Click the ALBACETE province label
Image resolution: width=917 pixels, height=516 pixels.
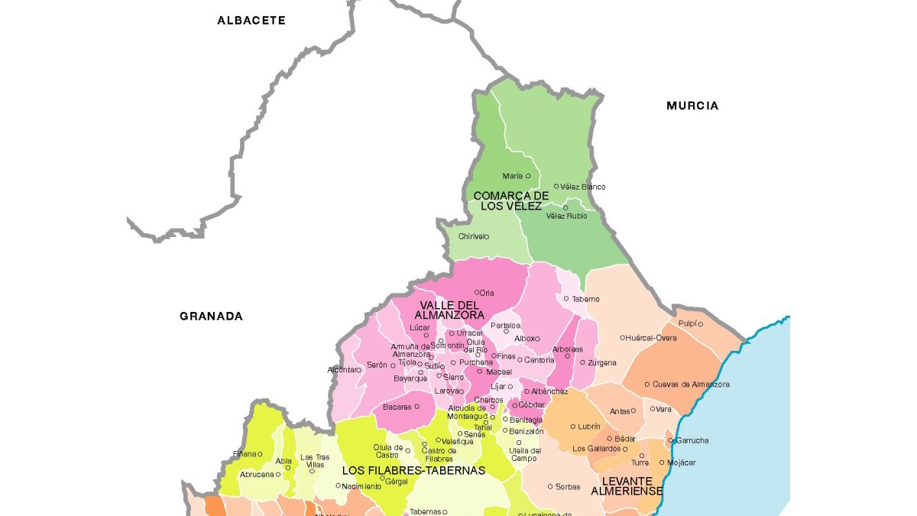click(251, 21)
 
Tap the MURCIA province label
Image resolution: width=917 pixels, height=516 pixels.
click(692, 106)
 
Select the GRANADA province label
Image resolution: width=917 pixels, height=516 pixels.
click(211, 316)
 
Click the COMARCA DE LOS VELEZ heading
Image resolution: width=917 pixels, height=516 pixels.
click(511, 201)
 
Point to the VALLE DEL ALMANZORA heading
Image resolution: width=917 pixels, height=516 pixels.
click(449, 310)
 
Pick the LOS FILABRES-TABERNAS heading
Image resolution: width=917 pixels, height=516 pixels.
click(413, 471)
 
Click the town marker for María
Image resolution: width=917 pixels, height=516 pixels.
click(528, 176)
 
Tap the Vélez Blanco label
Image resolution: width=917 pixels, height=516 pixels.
click(582, 187)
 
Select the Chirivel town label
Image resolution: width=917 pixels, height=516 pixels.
click(472, 237)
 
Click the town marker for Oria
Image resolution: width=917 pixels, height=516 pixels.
click(477, 292)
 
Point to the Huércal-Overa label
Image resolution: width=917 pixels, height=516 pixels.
click(652, 337)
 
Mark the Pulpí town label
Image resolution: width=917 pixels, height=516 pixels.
click(687, 324)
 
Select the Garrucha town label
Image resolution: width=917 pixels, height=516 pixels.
click(692, 441)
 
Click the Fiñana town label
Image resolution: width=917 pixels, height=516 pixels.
click(244, 454)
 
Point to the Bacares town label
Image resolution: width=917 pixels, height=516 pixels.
click(397, 407)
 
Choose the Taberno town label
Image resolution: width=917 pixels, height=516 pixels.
click(586, 299)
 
